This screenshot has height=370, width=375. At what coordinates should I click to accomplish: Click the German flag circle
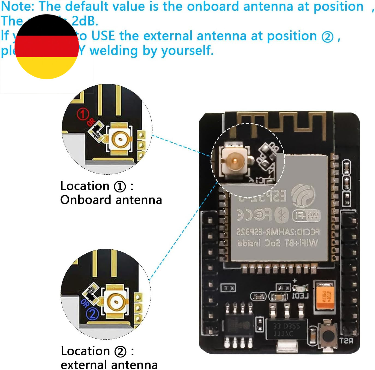pyautogui.click(x=47, y=47)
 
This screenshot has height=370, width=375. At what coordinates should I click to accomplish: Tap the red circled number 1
pyautogui.click(x=83, y=114)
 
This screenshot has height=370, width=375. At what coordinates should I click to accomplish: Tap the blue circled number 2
pyautogui.click(x=92, y=314)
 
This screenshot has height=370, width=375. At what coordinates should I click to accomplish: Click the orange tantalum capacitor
pyautogui.click(x=325, y=296)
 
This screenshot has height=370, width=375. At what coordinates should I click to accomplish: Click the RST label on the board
pyautogui.click(x=346, y=340)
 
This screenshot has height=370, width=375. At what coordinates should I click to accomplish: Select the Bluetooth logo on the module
pyautogui.click(x=281, y=215)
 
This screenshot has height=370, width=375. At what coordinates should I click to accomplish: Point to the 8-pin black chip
pyautogui.click(x=239, y=325)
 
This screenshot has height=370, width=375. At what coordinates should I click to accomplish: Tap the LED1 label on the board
pyautogui.click(x=300, y=296)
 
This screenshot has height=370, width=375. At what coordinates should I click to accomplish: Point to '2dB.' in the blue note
pyautogui.click(x=85, y=21)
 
